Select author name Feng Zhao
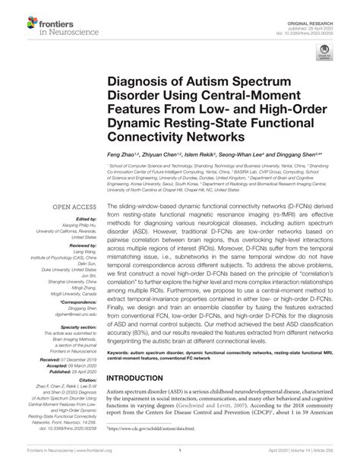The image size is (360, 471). (x=121, y=154)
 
